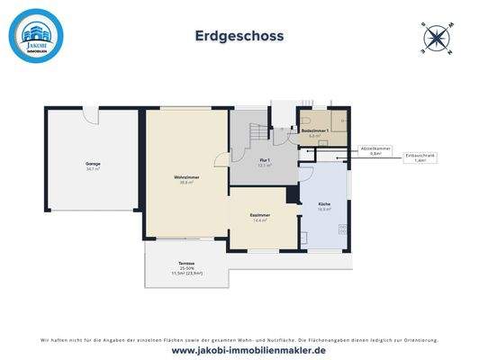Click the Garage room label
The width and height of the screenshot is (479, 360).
click(x=94, y=166)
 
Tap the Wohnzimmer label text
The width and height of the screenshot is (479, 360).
click(x=186, y=180)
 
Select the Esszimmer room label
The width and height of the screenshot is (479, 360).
click(x=261, y=217)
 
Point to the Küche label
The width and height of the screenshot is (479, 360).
click(x=323, y=206)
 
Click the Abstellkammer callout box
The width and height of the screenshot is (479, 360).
click(x=375, y=149)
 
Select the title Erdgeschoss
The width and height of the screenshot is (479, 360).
click(x=239, y=37)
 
